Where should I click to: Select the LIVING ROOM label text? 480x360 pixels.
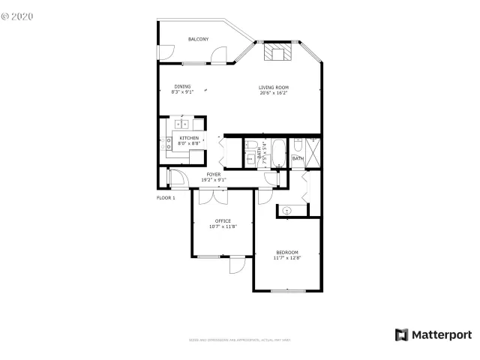click(x=274, y=88)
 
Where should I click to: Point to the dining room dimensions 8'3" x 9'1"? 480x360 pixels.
click(x=182, y=92)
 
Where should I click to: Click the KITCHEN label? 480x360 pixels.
click(x=188, y=138)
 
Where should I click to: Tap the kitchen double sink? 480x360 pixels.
click(x=181, y=124)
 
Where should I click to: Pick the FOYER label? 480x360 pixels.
click(x=214, y=174)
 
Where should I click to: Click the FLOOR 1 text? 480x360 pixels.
click(x=166, y=197)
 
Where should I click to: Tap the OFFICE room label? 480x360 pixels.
click(x=223, y=220)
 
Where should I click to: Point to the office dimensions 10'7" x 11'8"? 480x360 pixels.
click(x=223, y=226)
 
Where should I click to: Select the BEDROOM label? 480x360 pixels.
click(x=287, y=252)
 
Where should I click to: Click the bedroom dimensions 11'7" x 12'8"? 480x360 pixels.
click(x=287, y=258)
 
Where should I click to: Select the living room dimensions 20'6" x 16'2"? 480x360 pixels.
click(x=274, y=93)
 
